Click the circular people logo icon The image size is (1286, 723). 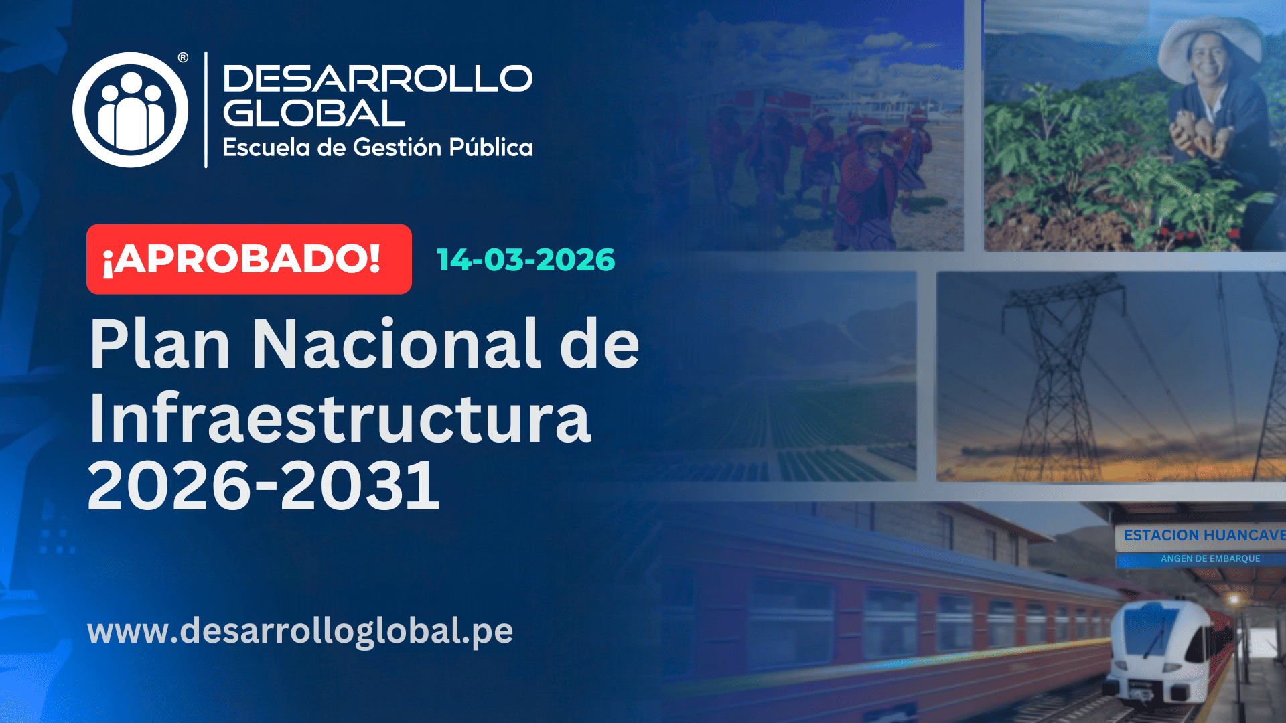tap(130, 110)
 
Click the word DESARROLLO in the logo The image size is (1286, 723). tap(377, 79)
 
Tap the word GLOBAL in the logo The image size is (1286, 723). tap(314, 113)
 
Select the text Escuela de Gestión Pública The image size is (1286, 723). tap(377, 147)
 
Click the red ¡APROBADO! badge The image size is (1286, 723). tap(248, 259)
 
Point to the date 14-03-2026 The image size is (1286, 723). tap(526, 260)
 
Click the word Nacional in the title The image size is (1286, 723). tap(395, 344)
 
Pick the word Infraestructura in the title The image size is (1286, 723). tap(340, 418)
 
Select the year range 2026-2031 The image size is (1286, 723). tap(263, 485)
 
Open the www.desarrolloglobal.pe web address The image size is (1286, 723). tap(300, 631)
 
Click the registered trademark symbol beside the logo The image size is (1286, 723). tap(183, 58)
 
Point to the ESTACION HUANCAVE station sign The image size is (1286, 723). tap(1202, 536)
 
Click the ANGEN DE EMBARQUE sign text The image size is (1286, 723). tap(1210, 558)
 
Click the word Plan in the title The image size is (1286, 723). tap(160, 344)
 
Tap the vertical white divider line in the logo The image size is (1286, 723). tap(206, 110)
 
